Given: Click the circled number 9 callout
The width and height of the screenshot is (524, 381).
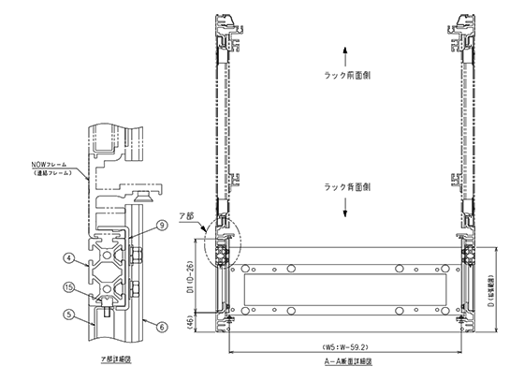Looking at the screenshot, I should (x=160, y=225).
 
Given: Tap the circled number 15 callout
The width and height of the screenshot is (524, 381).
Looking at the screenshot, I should (x=68, y=286).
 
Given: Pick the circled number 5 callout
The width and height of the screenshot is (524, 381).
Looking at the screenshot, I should (x=68, y=314).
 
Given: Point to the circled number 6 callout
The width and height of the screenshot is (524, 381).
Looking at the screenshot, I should (x=160, y=327).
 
